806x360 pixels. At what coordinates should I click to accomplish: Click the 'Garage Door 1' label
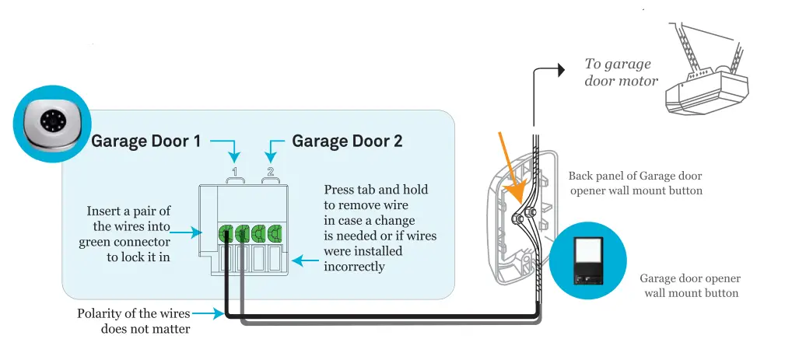146,142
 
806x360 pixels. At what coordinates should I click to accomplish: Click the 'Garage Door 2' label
347,142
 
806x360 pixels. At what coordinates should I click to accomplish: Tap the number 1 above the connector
234,171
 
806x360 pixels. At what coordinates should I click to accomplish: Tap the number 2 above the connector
270,171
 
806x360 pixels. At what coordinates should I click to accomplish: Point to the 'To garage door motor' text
620,72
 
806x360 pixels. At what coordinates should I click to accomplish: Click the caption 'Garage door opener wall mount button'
689,285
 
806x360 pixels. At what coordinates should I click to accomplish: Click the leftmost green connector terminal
226,232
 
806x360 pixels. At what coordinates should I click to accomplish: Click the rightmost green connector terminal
275,232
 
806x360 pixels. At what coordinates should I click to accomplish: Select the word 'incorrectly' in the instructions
354,267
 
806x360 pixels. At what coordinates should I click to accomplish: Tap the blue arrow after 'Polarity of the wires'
203,314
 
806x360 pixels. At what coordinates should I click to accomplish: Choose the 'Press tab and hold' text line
376,190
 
